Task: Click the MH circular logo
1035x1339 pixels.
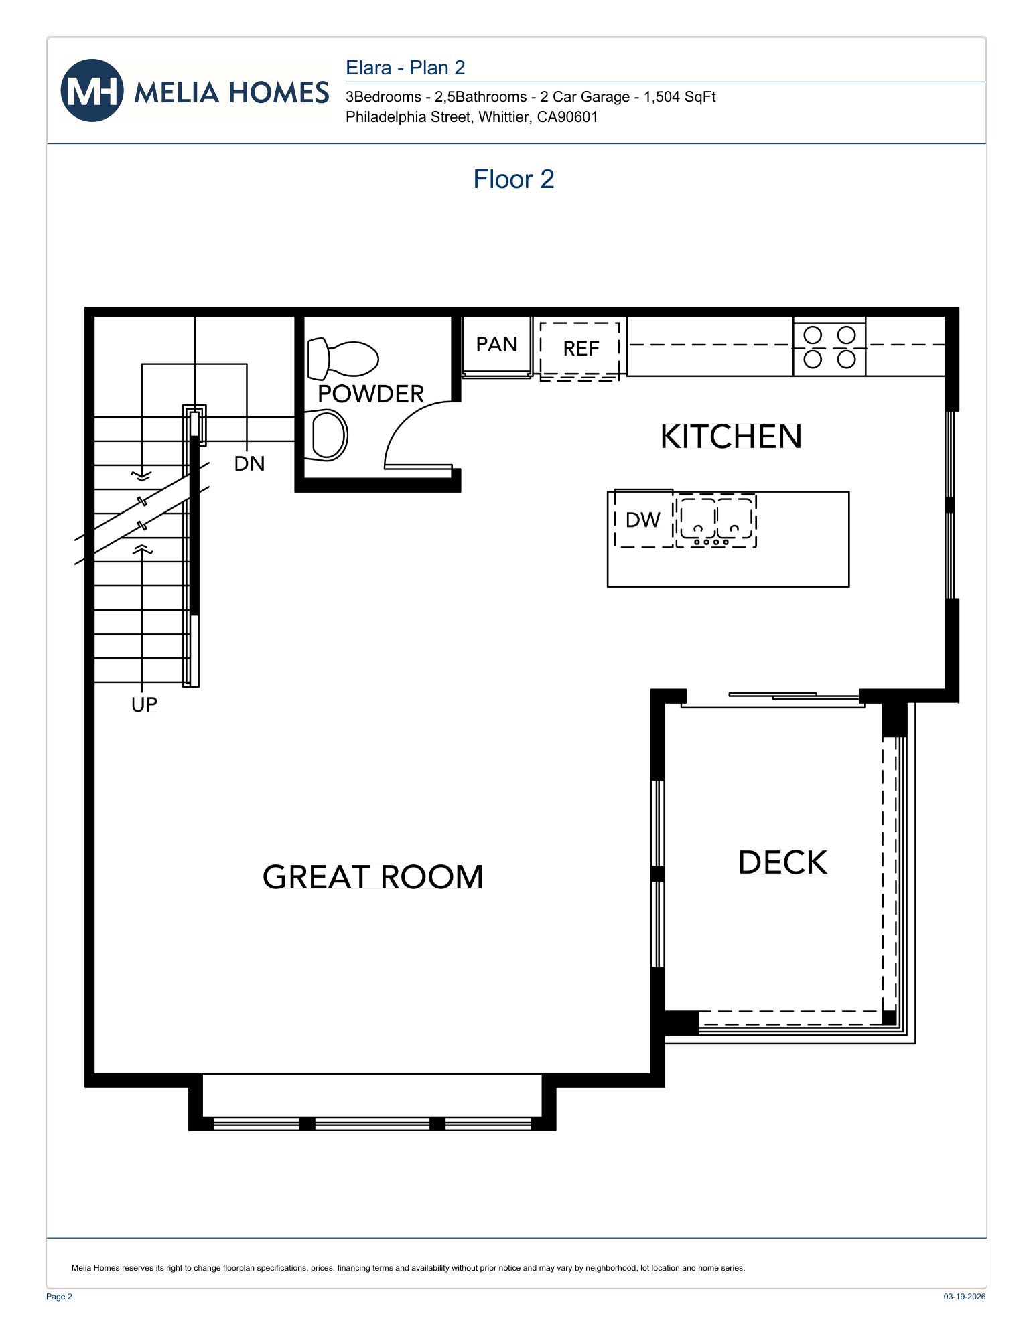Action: pos(92,90)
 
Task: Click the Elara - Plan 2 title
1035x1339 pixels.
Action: pos(405,68)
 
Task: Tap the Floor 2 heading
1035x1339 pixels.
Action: pos(513,179)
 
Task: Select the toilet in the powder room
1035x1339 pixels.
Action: pos(342,359)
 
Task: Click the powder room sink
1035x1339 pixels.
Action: pos(328,435)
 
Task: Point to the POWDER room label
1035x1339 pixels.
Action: pos(370,394)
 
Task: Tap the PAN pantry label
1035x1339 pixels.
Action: pos(496,345)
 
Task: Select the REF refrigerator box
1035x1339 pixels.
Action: pos(580,349)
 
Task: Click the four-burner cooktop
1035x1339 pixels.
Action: pos(829,347)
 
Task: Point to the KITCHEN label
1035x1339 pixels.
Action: pos(731,437)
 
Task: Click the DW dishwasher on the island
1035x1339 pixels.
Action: pos(643,520)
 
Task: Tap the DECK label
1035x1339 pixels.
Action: pos(782,862)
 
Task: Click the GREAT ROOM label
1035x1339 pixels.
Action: pos(372,877)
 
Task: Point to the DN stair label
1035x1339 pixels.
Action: pos(249,463)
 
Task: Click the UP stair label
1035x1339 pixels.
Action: pos(144,704)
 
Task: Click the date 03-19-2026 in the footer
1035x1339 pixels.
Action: pos(964,1296)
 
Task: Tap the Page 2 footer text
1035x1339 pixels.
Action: pos(59,1296)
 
